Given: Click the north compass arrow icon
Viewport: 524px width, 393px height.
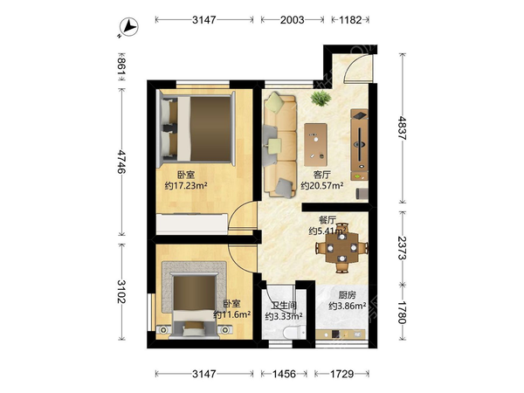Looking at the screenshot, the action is (x=129, y=27).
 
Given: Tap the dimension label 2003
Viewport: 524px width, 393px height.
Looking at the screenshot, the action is (x=292, y=20).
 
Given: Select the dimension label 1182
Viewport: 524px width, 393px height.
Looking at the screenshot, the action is (x=350, y=20).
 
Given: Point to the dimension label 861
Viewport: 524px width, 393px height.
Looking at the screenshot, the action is (x=121, y=66).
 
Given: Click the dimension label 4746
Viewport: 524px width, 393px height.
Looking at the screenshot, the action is (x=121, y=162).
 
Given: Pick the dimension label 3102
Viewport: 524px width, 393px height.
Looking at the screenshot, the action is (x=121, y=292).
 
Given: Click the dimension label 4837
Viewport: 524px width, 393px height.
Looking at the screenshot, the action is (x=402, y=128).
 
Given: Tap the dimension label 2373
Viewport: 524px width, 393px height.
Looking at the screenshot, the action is (x=402, y=248).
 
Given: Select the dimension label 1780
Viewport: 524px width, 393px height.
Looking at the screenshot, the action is (x=402, y=313).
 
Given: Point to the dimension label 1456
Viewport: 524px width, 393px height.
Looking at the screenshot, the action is (x=284, y=374).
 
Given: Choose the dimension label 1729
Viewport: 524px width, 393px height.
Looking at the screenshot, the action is (x=341, y=374).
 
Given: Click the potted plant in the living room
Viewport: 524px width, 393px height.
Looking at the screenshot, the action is (x=321, y=99).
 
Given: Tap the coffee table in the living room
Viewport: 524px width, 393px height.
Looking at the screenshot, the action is (x=315, y=145).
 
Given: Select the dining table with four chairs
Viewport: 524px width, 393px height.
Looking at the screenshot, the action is (x=341, y=248).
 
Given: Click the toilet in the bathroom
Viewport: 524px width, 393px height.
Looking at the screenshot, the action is (x=293, y=333).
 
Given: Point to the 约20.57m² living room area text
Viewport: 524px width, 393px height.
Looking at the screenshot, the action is (x=322, y=186).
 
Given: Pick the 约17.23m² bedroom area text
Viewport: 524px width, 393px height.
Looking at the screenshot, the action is (x=186, y=185).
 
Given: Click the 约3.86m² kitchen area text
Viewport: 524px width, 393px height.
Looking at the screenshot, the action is (x=348, y=306).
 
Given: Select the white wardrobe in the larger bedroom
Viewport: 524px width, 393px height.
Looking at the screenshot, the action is (x=192, y=224).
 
